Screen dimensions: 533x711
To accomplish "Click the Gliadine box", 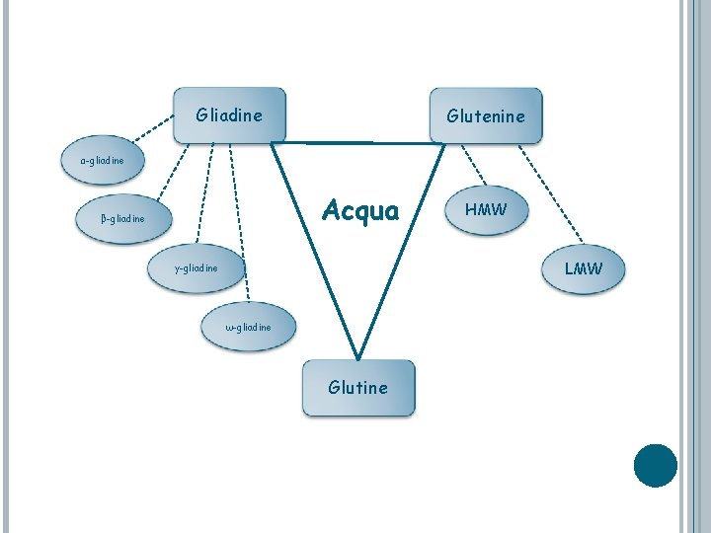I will pos(229,115).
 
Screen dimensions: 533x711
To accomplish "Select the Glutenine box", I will pos(485,116).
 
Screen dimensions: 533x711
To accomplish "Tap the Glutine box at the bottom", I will pos(358,387).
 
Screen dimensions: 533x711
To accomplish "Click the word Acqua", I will pos(360,210).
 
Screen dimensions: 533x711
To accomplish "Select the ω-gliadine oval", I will pos(248,327).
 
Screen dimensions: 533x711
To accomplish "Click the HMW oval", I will pos(485,209).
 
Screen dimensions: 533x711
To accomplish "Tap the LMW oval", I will pos(582,267).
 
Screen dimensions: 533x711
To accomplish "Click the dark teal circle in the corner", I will pos(656,466).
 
